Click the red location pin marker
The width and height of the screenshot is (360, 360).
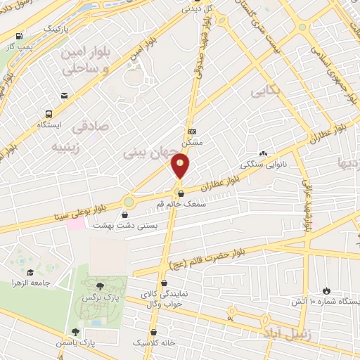pos(181,167)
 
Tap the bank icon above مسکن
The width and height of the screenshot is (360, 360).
pos(193,131)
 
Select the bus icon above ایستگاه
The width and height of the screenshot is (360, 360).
pos(49,113)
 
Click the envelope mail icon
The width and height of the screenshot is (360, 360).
pos(65,96)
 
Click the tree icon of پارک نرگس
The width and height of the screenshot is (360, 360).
pos(99,285)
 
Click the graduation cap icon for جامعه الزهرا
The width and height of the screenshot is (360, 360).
pos(30,273)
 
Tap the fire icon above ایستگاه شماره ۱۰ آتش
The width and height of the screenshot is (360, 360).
pos(326,290)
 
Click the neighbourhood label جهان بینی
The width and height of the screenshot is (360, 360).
pos(145,151)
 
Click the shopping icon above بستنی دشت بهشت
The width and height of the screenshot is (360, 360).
pos(124,215)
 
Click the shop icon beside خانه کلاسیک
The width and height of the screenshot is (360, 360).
pos(154,333)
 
